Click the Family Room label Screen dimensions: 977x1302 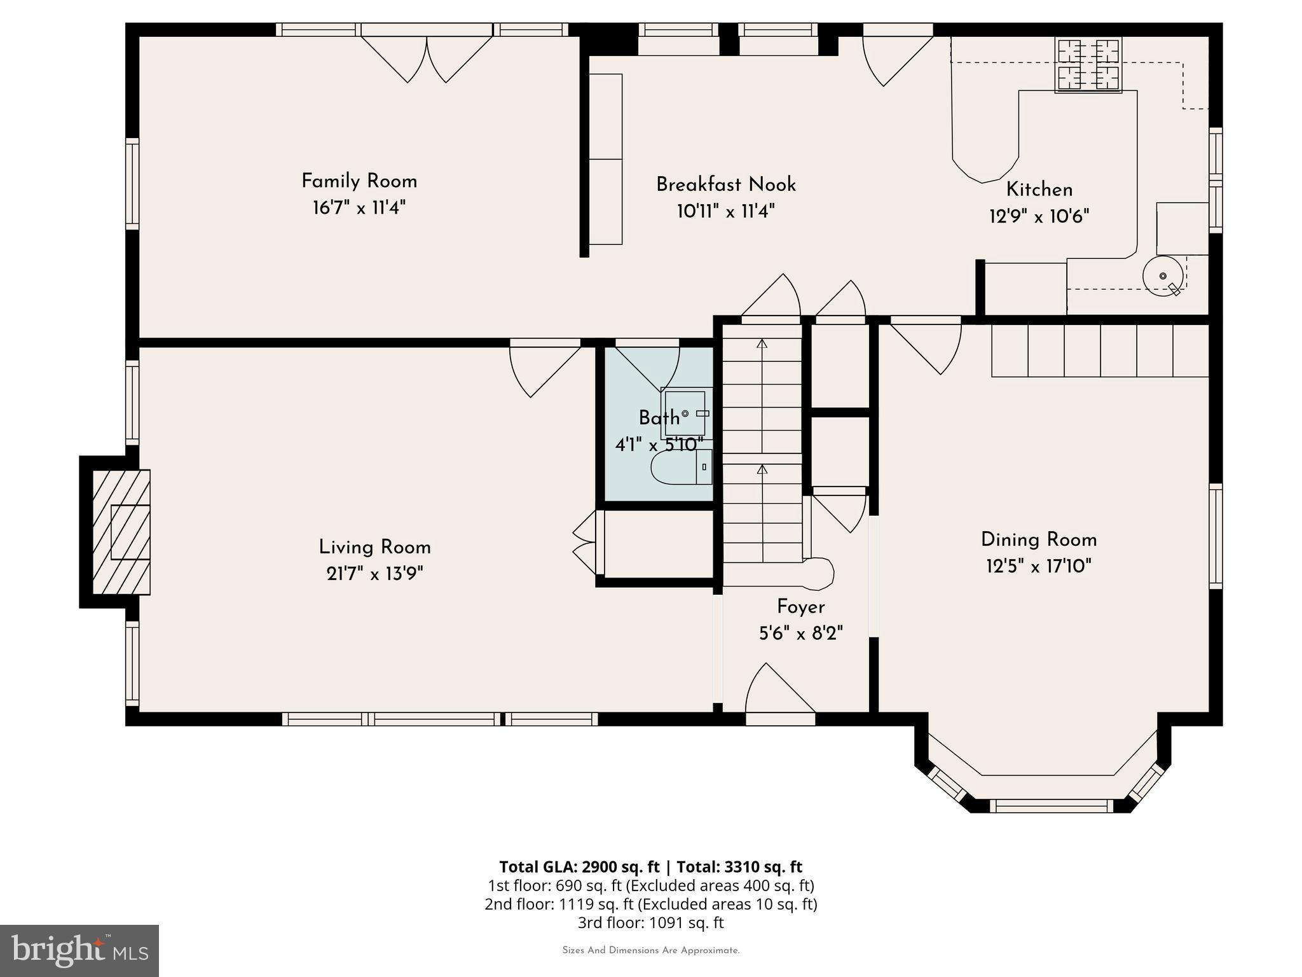(x=359, y=181)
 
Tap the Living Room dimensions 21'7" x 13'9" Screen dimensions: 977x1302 (x=374, y=574)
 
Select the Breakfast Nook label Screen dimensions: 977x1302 (x=725, y=184)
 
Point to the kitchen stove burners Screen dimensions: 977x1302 (x=1088, y=64)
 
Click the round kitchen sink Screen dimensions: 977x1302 (x=1163, y=275)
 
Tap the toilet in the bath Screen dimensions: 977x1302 (x=680, y=468)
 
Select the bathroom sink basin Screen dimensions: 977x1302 (x=684, y=413)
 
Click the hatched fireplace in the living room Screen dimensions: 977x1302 (x=121, y=532)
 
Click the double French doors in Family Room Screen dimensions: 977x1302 (x=427, y=57)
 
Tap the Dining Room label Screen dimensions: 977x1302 (x=1038, y=540)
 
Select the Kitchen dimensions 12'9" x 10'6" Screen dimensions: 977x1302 (x=1039, y=217)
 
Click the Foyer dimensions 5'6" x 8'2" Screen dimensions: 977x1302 (x=800, y=634)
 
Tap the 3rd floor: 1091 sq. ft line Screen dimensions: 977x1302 (x=650, y=922)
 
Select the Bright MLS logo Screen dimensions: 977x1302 (x=79, y=950)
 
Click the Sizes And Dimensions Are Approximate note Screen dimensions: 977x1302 (x=650, y=950)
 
